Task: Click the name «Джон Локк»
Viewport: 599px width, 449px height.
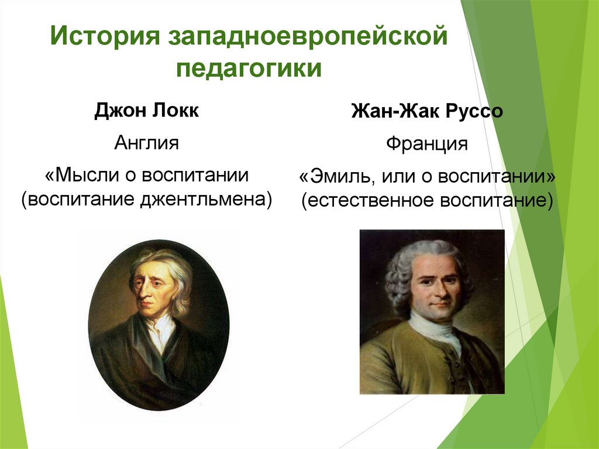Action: [x=146, y=110]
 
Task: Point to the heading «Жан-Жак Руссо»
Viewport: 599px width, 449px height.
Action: [x=426, y=111]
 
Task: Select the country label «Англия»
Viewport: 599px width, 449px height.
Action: [x=146, y=143]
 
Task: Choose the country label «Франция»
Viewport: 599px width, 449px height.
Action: [x=426, y=144]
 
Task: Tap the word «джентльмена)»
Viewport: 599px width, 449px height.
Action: [x=206, y=199]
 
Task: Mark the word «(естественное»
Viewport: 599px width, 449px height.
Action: [x=367, y=200]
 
